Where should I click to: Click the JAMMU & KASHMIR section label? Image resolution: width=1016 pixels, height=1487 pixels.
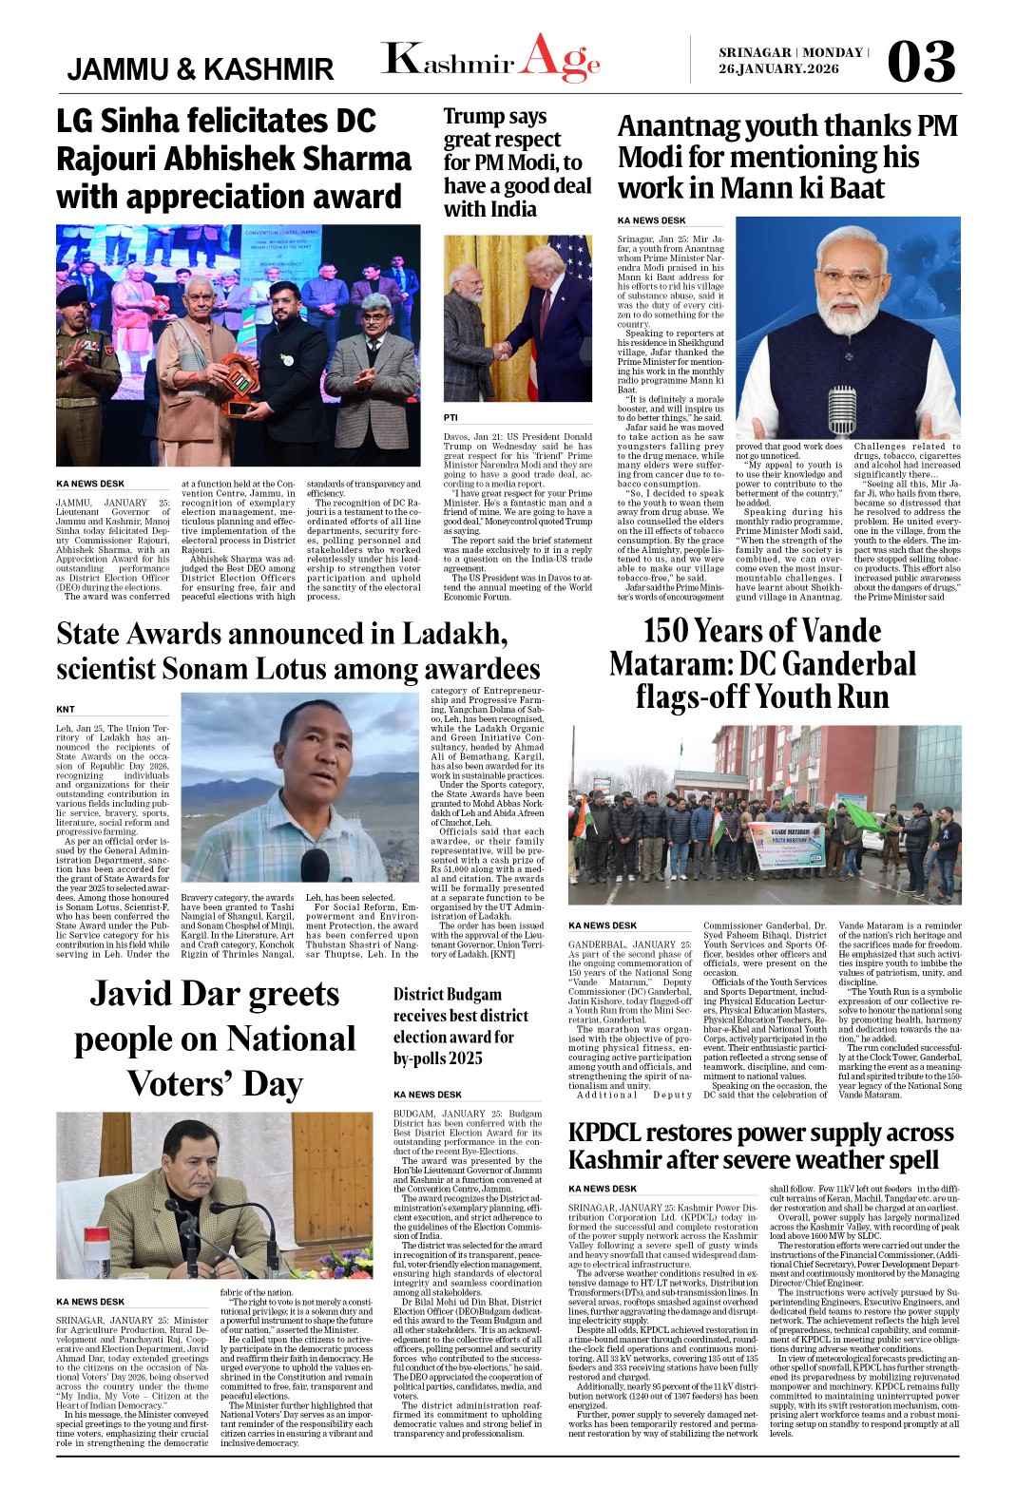[201, 69]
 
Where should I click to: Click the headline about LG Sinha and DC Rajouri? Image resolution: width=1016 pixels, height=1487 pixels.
[229, 159]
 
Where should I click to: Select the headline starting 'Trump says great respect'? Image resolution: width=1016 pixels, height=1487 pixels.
[516, 162]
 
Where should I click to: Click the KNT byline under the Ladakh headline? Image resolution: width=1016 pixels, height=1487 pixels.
[66, 709]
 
